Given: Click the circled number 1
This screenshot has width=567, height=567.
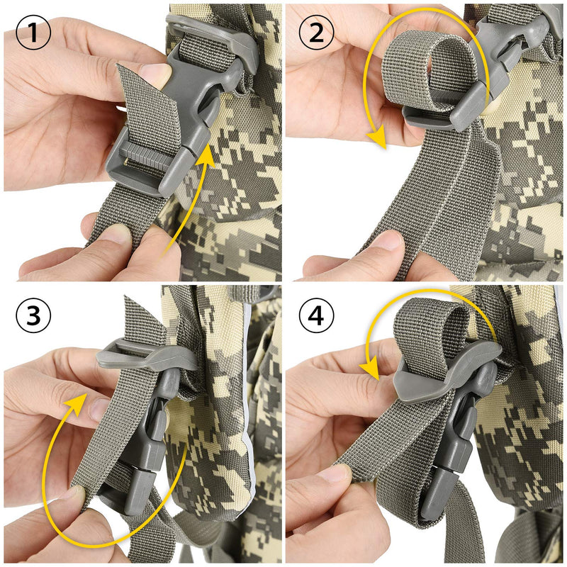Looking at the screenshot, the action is tap(33, 32).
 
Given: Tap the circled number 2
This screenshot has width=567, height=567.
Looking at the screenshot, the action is tap(316, 32).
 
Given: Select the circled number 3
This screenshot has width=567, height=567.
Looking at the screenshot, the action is tap(33, 315).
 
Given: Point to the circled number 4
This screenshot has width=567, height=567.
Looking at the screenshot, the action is tap(316, 315).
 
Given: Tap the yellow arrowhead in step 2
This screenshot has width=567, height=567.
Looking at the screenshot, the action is tap(377, 139).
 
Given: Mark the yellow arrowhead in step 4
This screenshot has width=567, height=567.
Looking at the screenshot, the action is tap(370, 368).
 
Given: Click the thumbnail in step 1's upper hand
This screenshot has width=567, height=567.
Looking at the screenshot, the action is tap(156, 74).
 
